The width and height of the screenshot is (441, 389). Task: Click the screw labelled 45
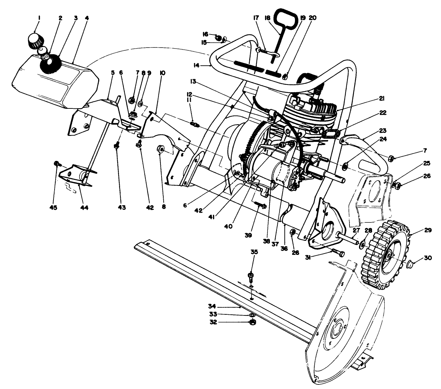point(56,163)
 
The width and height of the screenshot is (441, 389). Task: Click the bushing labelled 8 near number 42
point(161,150)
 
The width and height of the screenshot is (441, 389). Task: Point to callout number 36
point(284,248)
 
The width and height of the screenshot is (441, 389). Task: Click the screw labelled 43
point(118,145)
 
